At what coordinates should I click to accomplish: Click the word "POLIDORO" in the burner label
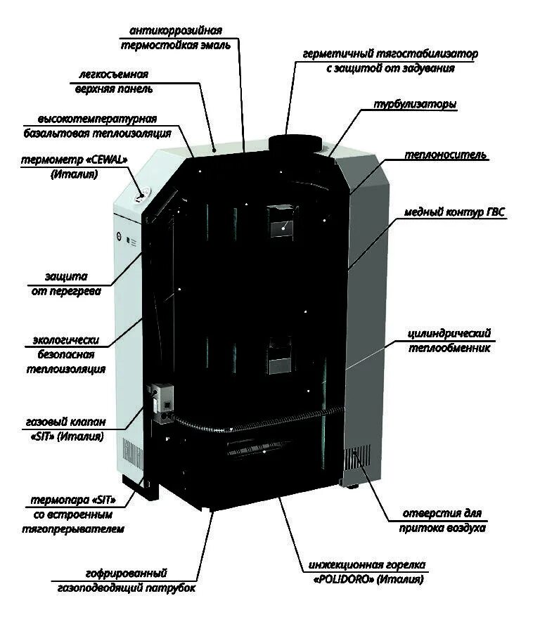tap(335, 581)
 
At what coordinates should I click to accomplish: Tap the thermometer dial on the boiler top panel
tap(141, 195)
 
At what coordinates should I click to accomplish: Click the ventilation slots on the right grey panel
tap(356, 460)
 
